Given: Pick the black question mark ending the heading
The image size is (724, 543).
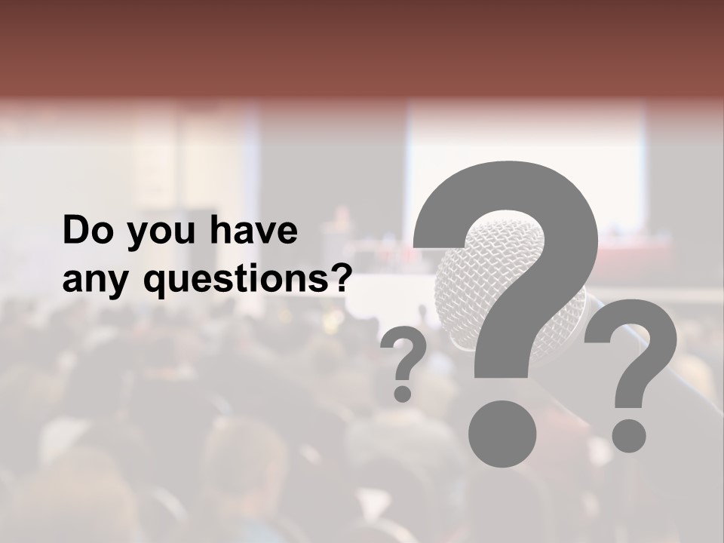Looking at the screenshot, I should point(339,278).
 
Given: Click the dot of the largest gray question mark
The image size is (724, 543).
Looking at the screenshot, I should point(502,434).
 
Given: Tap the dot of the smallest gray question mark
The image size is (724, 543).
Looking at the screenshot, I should point(403,393).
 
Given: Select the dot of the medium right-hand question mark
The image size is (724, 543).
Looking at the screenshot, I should point(628,435).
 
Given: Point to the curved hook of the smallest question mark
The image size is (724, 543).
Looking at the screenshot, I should point(405,348).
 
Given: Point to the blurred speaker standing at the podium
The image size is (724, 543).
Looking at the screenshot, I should point(341,219).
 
